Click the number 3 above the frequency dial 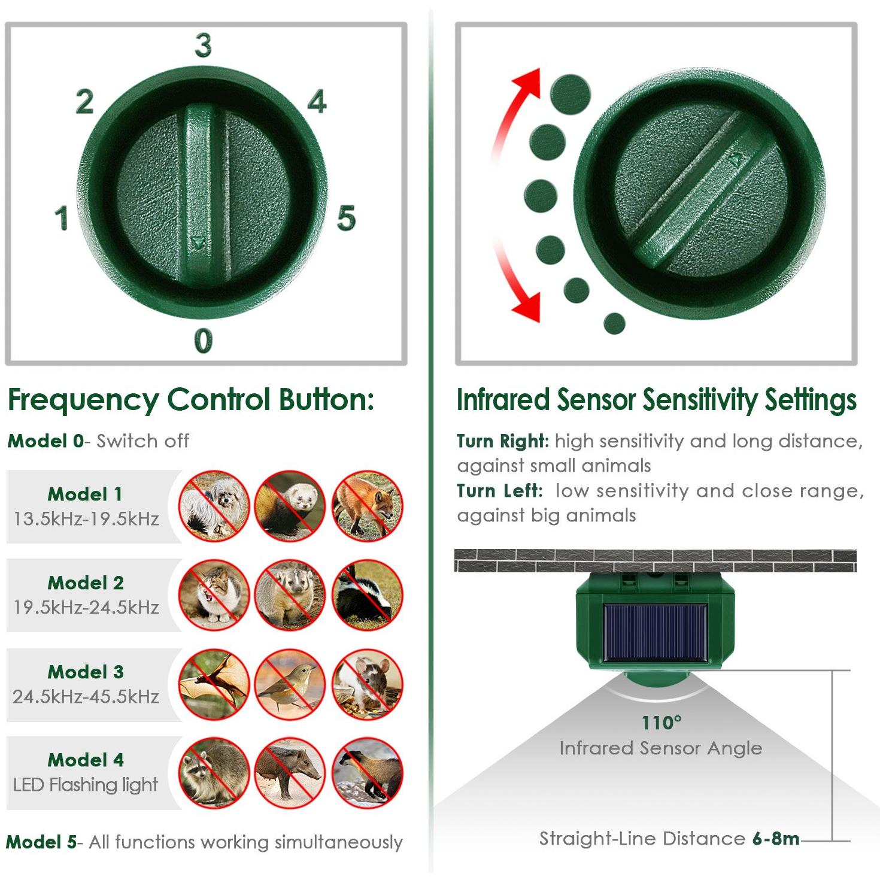[x=203, y=45]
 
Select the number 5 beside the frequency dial [x=346, y=217]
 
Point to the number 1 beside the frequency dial [x=62, y=217]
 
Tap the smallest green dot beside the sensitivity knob [x=614, y=323]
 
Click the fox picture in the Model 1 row [x=367, y=506]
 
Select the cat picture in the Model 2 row [x=214, y=595]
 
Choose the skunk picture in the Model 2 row [x=367, y=595]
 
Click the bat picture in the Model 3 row [x=214, y=684]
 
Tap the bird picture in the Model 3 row [x=290, y=684]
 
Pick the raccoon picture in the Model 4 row [x=214, y=773]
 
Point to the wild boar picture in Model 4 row [x=290, y=773]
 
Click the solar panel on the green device [x=656, y=633]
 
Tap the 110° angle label [x=661, y=723]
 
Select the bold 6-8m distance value [x=776, y=839]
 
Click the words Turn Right [x=502, y=441]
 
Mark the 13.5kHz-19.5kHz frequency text [x=86, y=519]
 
